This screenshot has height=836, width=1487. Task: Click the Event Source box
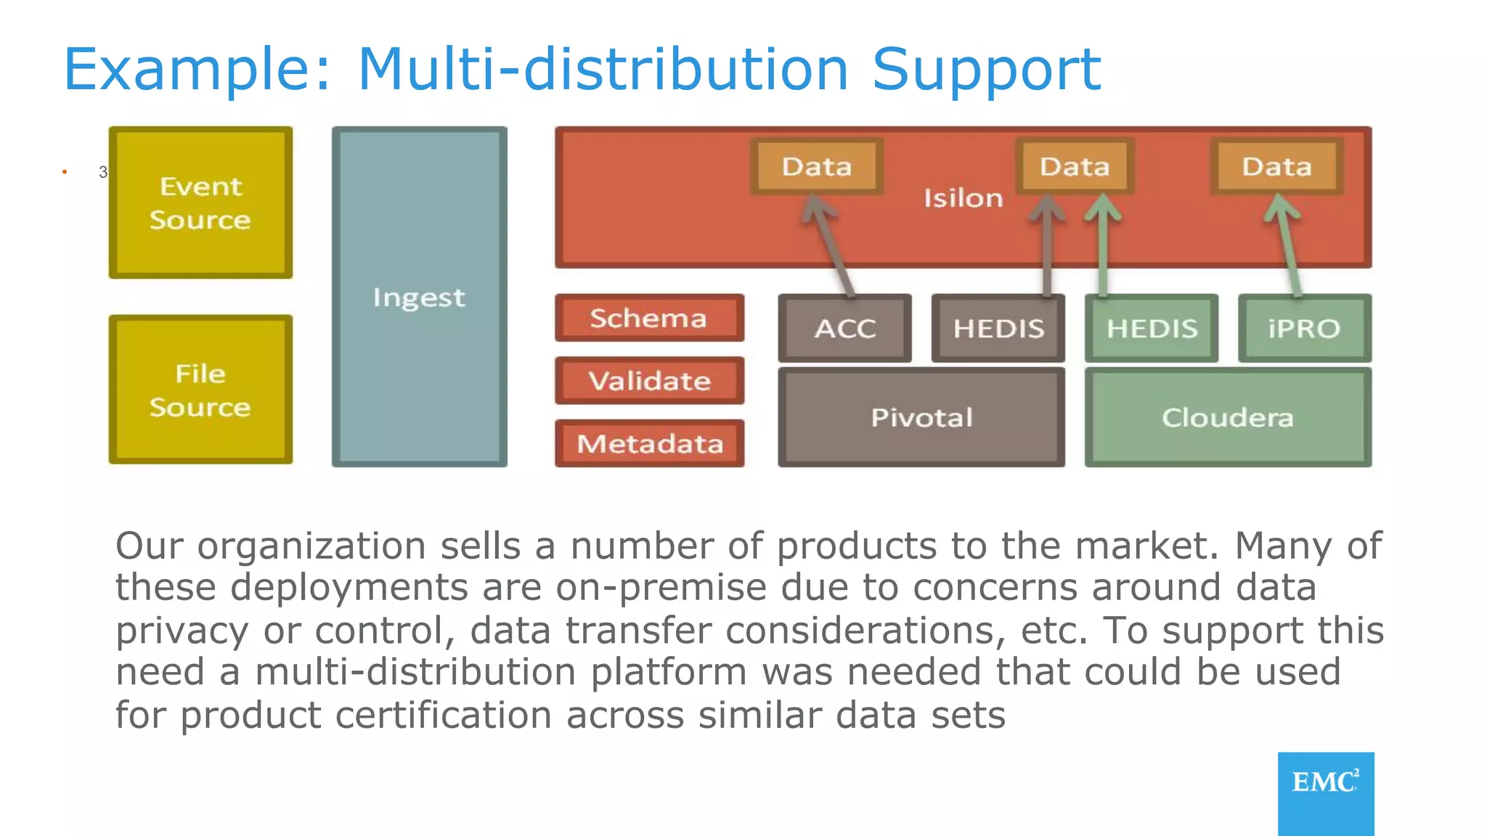point(200,203)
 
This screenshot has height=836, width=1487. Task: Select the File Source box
point(200,390)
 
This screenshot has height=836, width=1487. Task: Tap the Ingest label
point(419,298)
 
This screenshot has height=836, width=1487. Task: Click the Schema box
point(649,318)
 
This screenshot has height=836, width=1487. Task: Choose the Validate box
point(649,380)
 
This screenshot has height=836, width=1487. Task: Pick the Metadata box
point(649,443)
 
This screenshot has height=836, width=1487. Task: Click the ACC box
point(844,328)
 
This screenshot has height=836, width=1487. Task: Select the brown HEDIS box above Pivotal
point(998,328)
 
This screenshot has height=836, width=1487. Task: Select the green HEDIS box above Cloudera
point(1152,328)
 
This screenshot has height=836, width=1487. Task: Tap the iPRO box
point(1304,328)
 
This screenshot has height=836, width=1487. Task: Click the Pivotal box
point(921,417)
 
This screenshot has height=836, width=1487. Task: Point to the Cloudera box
point(1228,417)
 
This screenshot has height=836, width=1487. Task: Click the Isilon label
point(963,198)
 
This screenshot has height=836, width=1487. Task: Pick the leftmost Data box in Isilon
point(817,166)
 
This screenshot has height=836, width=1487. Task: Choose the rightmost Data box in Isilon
point(1276,166)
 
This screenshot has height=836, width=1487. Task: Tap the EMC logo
point(1325,791)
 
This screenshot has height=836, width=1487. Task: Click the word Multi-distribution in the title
point(603,70)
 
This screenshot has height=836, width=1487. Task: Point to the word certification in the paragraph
point(439,716)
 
